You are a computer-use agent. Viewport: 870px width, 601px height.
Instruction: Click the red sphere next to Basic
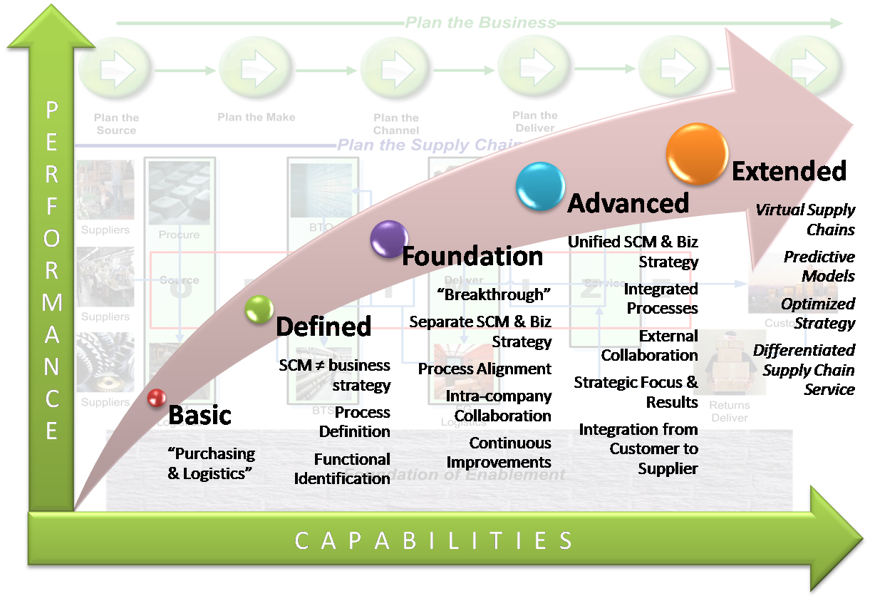pos(157,398)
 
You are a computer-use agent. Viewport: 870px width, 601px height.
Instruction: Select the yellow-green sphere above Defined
pos(259,309)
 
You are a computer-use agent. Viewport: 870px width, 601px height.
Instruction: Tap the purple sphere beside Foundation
pos(389,239)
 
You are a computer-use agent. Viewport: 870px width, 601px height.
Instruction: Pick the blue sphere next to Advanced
pos(540,186)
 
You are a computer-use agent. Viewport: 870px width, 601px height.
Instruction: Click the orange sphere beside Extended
pos(697,154)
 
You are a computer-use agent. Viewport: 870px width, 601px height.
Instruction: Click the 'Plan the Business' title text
pos(480,23)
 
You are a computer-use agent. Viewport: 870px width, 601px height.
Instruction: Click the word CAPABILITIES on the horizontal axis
pos(434,540)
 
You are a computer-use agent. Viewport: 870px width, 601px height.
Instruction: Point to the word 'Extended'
pos(789,171)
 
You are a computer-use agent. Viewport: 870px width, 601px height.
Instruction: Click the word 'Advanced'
pos(628,203)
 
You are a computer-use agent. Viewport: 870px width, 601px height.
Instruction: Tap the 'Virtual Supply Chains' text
pos(805,220)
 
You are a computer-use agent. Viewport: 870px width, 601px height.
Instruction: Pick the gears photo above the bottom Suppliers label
pos(105,362)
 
